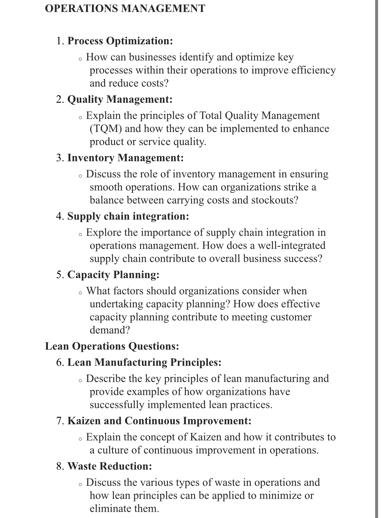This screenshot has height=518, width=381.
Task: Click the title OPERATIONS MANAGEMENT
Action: (x=125, y=8)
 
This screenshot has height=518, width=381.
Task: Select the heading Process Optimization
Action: (x=120, y=41)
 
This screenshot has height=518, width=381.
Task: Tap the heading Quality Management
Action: (x=120, y=99)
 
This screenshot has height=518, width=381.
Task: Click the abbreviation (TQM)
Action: (x=106, y=129)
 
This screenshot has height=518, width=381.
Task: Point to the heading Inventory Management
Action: (x=125, y=158)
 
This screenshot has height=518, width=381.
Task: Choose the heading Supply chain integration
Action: (x=128, y=216)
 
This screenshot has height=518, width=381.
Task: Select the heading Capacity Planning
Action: (x=113, y=275)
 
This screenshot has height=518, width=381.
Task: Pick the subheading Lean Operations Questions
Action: (x=112, y=346)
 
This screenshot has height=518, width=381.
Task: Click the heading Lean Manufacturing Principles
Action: (x=144, y=362)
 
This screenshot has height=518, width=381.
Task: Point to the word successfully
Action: (x=117, y=405)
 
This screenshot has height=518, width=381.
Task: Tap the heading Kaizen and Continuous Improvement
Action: (x=159, y=421)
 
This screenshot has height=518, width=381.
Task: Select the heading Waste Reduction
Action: (x=110, y=466)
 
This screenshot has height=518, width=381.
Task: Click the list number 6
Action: (x=60, y=362)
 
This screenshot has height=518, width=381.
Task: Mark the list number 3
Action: (x=60, y=158)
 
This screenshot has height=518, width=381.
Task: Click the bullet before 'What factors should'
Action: (x=80, y=293)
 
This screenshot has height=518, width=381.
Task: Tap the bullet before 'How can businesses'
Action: (x=80, y=59)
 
